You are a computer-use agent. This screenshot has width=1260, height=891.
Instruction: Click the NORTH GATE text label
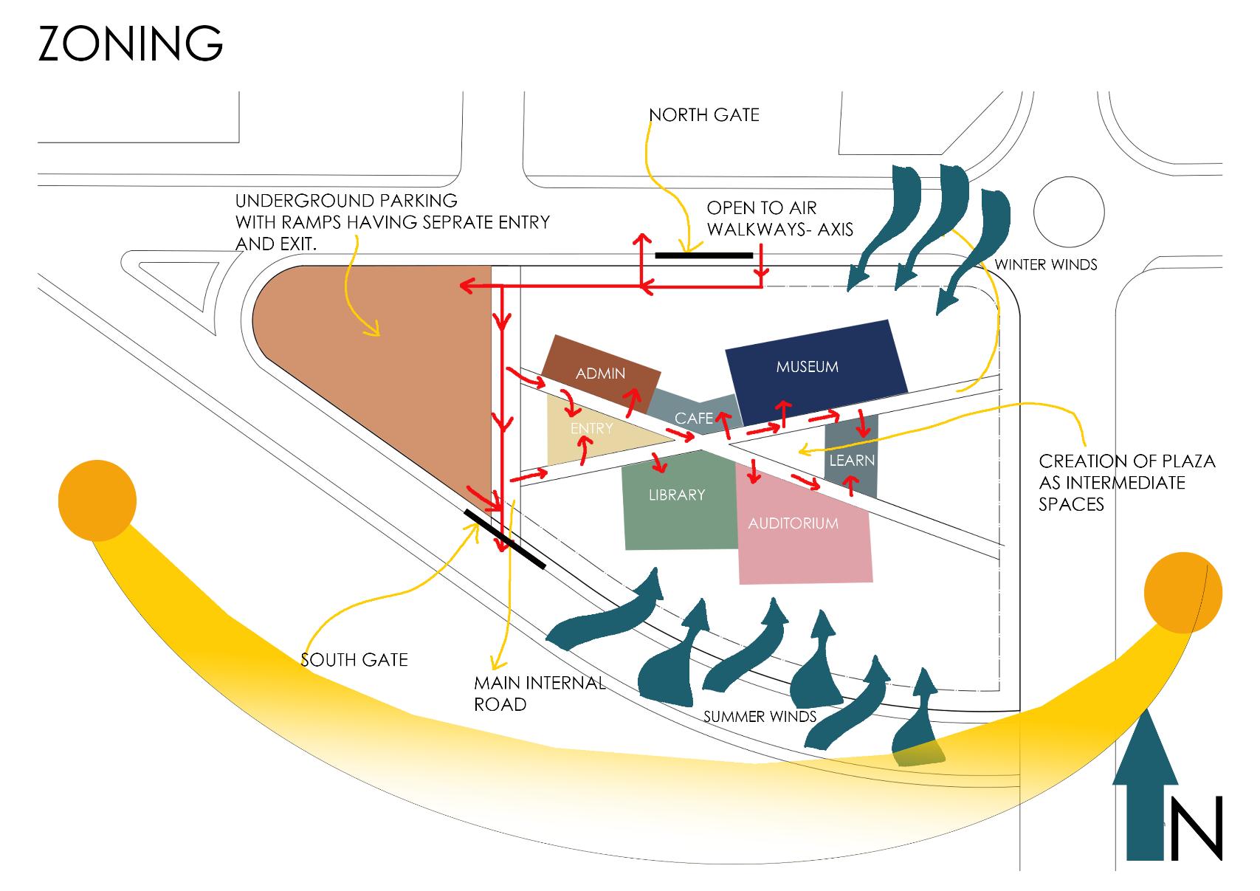703,115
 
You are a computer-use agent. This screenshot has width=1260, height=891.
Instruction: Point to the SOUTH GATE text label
354,659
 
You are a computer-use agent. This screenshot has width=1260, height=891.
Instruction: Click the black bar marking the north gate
703,256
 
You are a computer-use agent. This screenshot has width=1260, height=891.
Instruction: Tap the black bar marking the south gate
505,539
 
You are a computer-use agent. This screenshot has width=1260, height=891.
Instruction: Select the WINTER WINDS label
1046,264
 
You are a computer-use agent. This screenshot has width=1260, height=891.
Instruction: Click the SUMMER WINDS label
760,716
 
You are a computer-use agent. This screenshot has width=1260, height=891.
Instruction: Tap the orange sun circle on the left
97,500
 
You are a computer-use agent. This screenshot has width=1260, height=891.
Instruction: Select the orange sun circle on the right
1182,593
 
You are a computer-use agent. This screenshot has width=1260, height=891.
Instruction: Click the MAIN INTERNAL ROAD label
539,693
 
